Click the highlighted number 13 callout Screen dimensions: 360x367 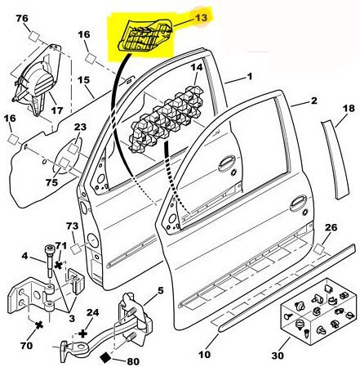(201, 18)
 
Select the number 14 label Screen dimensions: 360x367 (196, 67)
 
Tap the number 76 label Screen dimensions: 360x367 (22, 18)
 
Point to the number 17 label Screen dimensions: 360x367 (57, 110)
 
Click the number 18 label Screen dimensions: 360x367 (349, 108)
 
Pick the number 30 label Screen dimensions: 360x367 (278, 356)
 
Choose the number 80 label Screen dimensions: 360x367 (133, 361)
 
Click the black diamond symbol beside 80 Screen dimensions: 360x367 (106, 357)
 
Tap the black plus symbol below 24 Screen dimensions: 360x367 (82, 333)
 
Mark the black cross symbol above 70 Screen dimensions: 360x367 (40, 324)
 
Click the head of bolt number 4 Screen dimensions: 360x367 (49, 249)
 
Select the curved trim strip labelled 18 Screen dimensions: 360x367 (334, 160)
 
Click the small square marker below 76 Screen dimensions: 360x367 (35, 36)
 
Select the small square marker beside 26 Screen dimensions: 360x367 (318, 248)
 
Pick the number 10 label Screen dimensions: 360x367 (204, 355)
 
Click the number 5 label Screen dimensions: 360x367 (161, 291)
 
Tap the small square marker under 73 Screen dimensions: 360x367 (76, 249)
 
